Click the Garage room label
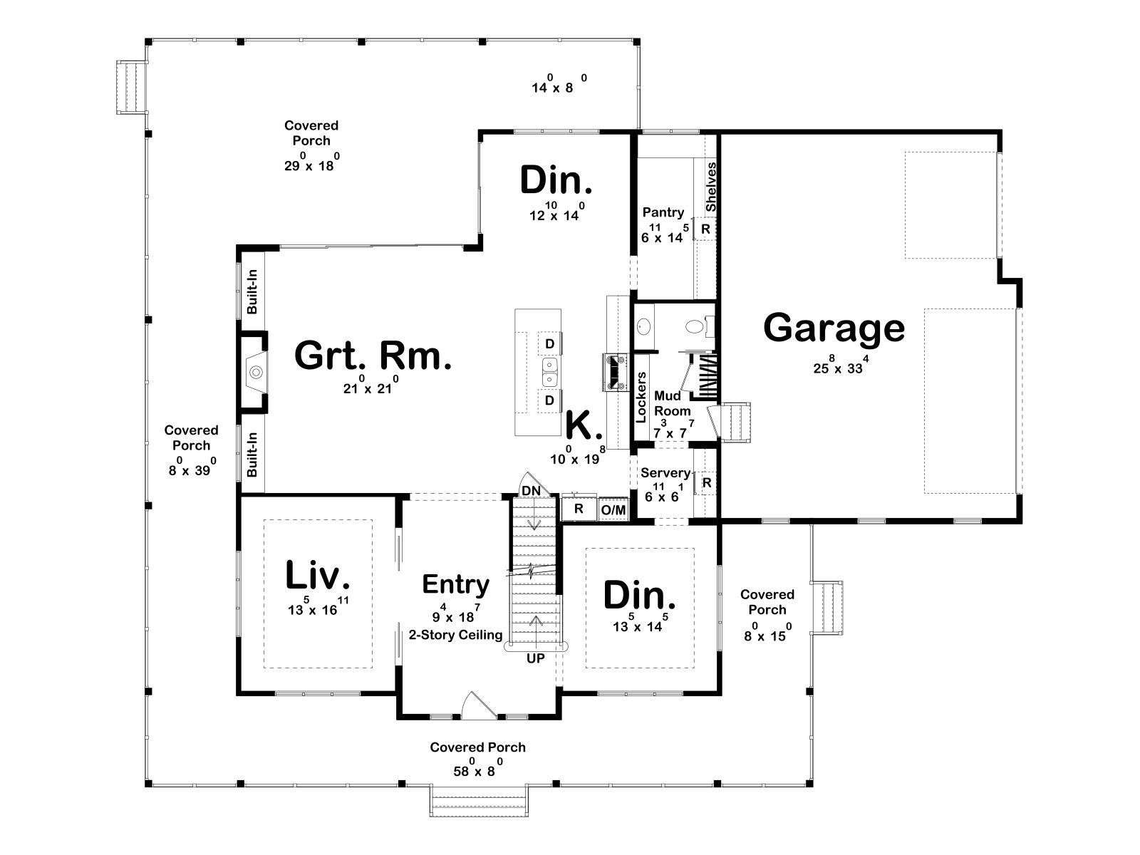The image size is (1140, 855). (x=834, y=328)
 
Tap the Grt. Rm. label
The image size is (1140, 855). (x=373, y=356)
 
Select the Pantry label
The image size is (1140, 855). (x=663, y=212)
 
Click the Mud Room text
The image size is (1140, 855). (x=672, y=403)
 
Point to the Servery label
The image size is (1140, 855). (x=665, y=473)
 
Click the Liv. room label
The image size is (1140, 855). (x=317, y=575)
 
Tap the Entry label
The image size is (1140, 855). (x=455, y=584)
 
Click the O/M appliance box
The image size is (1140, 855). (x=613, y=509)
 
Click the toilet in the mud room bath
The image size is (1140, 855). (x=698, y=326)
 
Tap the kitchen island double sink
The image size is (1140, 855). (x=549, y=372)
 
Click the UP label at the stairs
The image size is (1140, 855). (x=536, y=658)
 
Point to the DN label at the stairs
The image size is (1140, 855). (x=531, y=491)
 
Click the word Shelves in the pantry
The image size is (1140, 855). (x=711, y=187)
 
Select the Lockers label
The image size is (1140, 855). (x=641, y=397)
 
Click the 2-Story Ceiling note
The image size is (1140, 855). (x=455, y=635)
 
